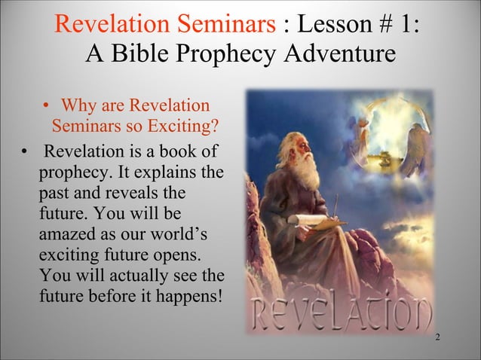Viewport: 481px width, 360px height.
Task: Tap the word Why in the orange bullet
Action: click(79, 103)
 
